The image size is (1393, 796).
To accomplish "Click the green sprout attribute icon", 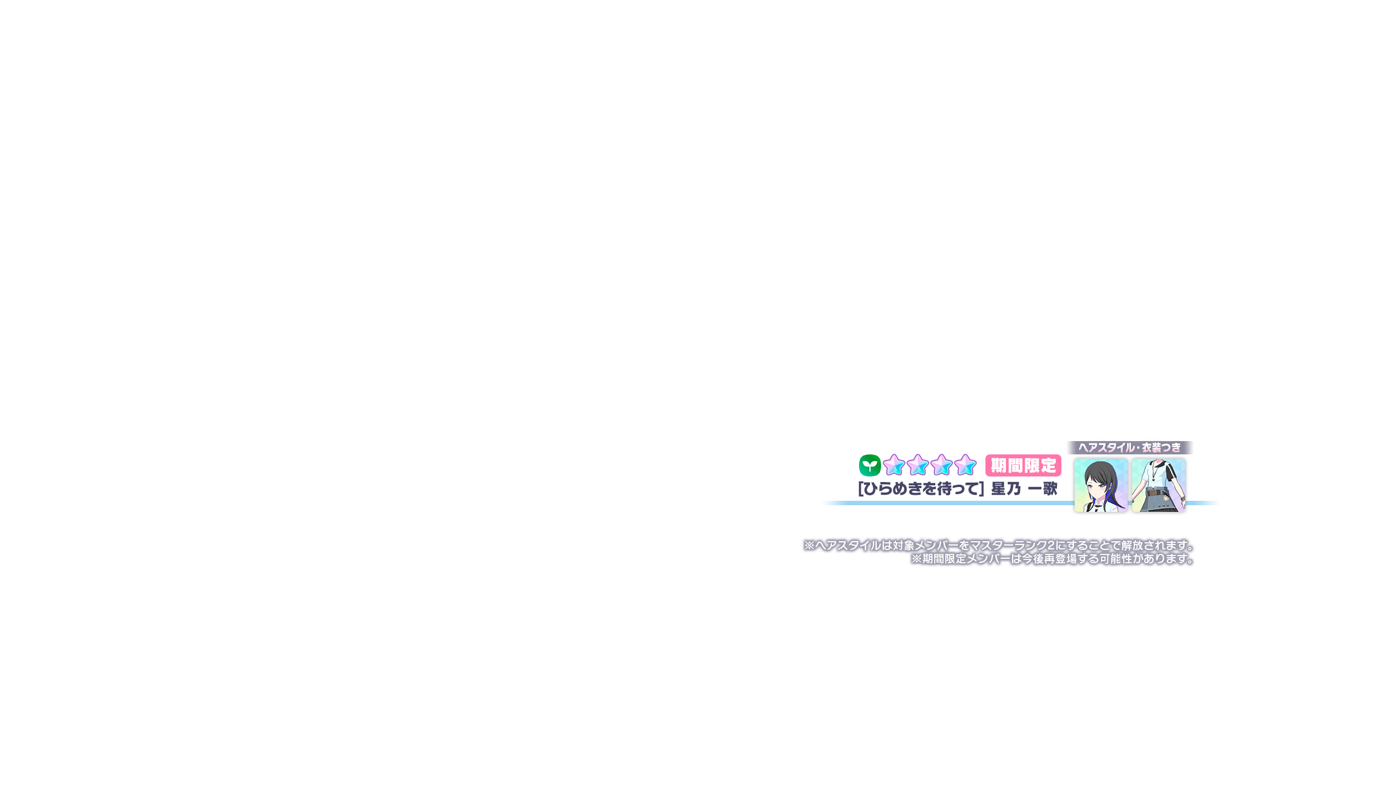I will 870,465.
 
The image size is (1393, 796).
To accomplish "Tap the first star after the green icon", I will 894,465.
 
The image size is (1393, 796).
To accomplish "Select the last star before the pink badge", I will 965,465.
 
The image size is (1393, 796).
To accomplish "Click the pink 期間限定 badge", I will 1023,465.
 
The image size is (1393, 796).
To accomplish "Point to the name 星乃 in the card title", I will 1006,489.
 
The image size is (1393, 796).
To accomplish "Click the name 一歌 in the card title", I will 1043,489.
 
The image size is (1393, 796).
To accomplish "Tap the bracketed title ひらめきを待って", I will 921,489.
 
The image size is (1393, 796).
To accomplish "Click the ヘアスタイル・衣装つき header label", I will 1129,448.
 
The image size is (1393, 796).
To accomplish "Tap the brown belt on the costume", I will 1154,493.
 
